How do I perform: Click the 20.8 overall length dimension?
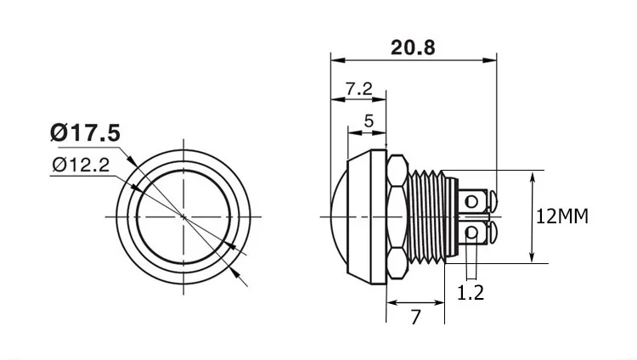(413, 48)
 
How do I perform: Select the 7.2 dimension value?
(358, 88)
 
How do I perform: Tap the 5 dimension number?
(369, 121)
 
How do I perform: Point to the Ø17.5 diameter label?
(85, 132)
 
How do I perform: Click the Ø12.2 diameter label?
(82, 165)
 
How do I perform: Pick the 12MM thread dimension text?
(562, 217)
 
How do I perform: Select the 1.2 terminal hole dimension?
(471, 293)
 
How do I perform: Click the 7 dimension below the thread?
(415, 317)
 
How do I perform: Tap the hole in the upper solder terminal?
(471, 201)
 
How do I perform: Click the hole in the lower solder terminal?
(471, 233)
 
